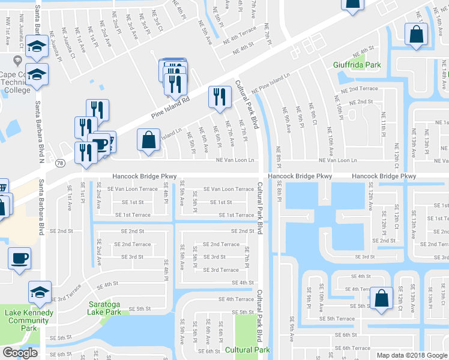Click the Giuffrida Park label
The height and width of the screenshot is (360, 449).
tap(357, 64)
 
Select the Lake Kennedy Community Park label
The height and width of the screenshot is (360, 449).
tap(28, 316)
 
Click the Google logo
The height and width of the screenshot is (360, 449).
tap(20, 353)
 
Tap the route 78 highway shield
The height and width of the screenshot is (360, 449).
tap(59, 163)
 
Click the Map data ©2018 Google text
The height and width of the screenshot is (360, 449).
tap(411, 355)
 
